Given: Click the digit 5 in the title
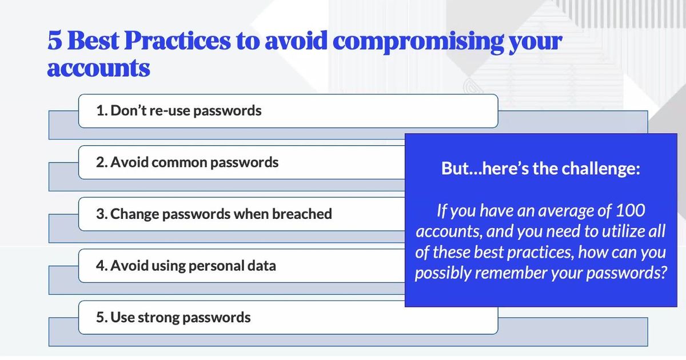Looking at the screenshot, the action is point(55,41).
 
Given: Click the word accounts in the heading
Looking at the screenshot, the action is point(98,68).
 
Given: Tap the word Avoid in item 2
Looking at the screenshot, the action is point(129,162).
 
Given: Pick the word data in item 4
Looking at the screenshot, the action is point(262,265).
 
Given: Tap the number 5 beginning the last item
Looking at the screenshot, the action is point(100,317).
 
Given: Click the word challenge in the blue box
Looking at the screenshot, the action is point(601,169).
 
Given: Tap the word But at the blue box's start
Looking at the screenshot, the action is point(452,169).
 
